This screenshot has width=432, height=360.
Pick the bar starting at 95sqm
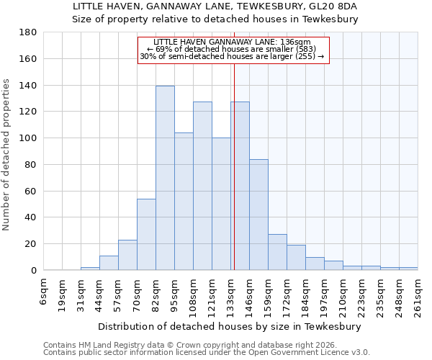tap(184, 202)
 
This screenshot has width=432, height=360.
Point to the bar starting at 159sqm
tap(277, 252)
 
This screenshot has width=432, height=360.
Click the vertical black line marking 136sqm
tap(234, 166)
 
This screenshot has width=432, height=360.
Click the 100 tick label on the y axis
tap(28, 138)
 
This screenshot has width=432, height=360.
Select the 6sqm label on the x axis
tap(44, 290)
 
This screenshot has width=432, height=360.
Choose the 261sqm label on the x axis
tap(418, 293)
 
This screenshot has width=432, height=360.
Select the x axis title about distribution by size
tap(230, 326)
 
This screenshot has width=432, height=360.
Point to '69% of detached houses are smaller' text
tap(233, 49)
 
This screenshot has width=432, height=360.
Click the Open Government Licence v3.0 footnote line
tap(207, 353)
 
